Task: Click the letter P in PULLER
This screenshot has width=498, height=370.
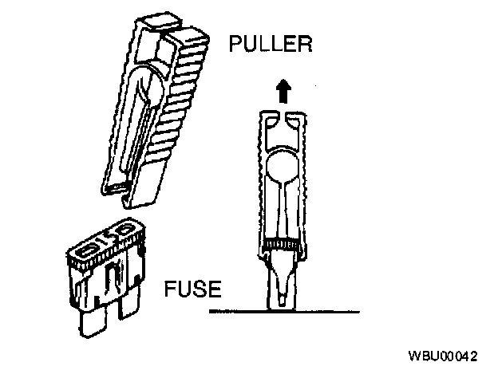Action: pos(236,45)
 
